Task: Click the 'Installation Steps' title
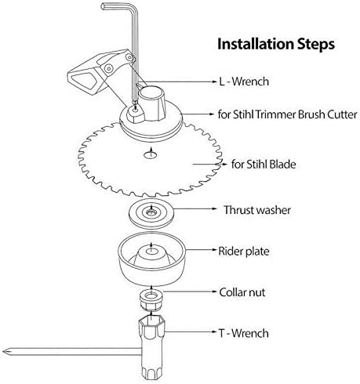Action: pyautogui.click(x=276, y=45)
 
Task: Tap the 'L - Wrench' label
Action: pyautogui.click(x=244, y=82)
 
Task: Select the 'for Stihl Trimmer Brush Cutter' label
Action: pyautogui.click(x=288, y=114)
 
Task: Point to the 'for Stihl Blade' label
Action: pyautogui.click(x=264, y=165)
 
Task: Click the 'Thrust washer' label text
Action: pyautogui.click(x=257, y=210)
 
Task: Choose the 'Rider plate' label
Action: pyautogui.click(x=244, y=251)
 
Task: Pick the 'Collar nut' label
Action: pyautogui.click(x=242, y=292)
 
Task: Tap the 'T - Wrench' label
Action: pyautogui.click(x=244, y=333)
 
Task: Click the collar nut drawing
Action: pyautogui.click(x=152, y=300)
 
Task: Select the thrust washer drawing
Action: pyautogui.click(x=152, y=213)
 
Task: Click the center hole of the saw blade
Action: pyautogui.click(x=151, y=155)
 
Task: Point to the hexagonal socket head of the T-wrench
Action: pyautogui.click(x=151, y=326)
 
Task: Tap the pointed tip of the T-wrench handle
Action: pyautogui.click(x=3, y=352)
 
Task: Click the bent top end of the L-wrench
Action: pyautogui.click(x=104, y=6)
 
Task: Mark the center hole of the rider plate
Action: pyautogui.click(x=151, y=251)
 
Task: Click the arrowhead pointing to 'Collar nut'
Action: pyautogui.click(x=214, y=291)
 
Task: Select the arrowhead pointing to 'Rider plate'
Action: pyautogui.click(x=214, y=250)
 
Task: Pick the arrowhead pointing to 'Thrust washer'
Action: pyautogui.click(x=214, y=208)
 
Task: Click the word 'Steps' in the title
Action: pyautogui.click(x=316, y=45)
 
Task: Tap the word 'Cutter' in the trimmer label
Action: pyautogui.click(x=342, y=114)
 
